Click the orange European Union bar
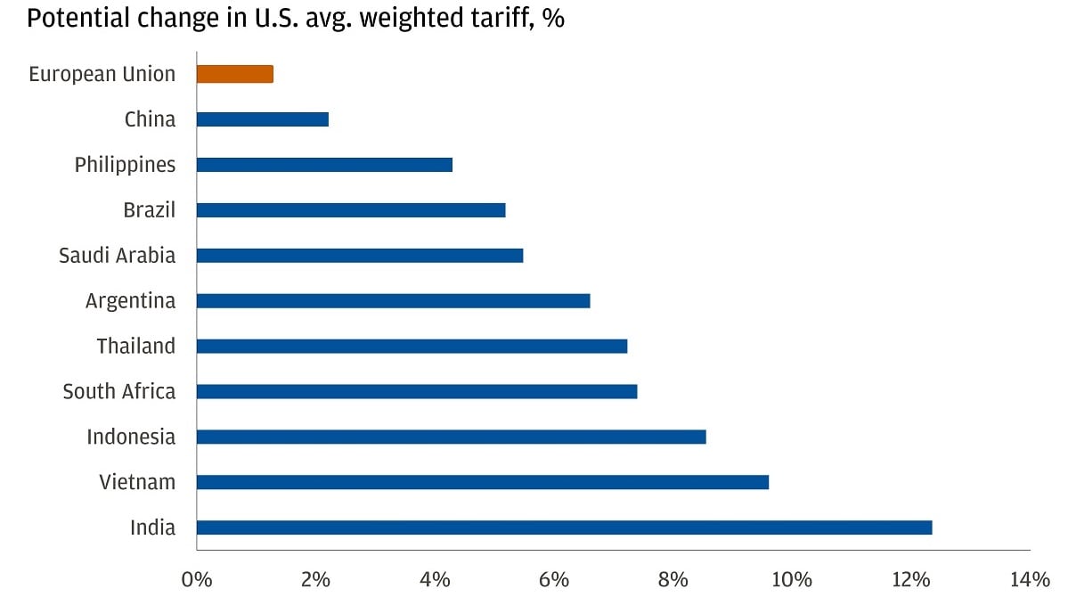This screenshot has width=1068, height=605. [234, 74]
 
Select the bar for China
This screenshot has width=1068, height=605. [262, 119]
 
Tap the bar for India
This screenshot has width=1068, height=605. [564, 527]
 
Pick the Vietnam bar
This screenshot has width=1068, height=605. [482, 482]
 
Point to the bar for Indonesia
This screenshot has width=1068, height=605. [451, 437]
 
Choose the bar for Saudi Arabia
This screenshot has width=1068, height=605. [359, 256]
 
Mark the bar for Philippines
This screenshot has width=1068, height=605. [324, 165]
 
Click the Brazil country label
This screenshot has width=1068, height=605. [149, 210]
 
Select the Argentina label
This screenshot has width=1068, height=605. [130, 301]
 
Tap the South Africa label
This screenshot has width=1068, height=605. [118, 391]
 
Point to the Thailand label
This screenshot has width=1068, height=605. [135, 346]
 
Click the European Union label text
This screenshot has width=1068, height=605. [102, 74]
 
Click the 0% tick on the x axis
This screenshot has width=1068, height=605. [196, 580]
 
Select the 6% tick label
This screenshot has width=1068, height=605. [553, 580]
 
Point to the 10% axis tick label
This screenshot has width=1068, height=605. [791, 580]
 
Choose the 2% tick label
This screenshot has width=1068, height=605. [315, 580]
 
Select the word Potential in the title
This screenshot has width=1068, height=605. [70, 18]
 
